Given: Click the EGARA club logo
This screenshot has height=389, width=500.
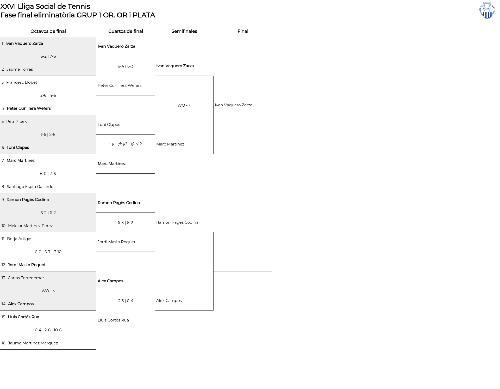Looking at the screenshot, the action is point(487,11).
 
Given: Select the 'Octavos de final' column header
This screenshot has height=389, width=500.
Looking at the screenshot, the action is point(48,31).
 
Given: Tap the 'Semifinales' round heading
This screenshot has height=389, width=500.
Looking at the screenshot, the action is point(184,31).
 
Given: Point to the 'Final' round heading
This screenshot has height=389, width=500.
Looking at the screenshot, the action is point(243,31).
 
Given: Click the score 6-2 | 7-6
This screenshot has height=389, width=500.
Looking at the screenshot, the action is point(48,56).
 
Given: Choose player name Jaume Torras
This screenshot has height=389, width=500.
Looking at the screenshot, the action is point(20,69).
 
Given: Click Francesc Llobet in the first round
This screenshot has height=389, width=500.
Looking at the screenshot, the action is point(22,82).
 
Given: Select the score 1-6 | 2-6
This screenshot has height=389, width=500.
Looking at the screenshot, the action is point(48,135).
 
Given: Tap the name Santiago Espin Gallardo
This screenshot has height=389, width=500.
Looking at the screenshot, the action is point(30,187).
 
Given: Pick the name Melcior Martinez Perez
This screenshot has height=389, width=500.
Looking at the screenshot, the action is point(30,226).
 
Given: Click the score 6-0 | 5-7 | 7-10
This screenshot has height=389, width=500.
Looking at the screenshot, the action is point(48,252).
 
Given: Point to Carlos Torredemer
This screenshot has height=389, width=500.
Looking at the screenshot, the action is point(26,278).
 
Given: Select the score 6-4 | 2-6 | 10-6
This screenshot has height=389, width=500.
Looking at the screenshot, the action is point(48,330).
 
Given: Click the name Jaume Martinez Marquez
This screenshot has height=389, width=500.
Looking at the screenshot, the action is point(33,343).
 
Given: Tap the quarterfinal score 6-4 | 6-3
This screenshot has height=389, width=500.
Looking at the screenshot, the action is point(126,66).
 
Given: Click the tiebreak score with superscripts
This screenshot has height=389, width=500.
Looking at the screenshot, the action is point(125,144).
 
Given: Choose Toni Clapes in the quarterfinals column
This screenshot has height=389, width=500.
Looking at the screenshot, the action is point(109,125).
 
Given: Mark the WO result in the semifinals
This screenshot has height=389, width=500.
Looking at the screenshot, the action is point(184,105).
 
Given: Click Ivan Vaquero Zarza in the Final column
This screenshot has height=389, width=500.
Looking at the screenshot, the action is point(234,105).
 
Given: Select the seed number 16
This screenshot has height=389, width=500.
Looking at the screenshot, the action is point(3,343).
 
